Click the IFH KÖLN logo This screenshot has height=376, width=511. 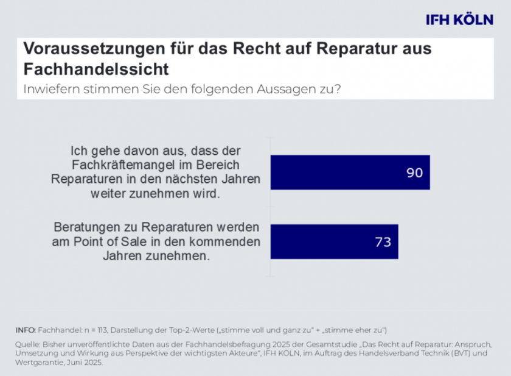click(x=460, y=20)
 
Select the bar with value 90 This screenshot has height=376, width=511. click(x=350, y=172)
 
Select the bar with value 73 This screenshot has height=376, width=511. click(x=334, y=242)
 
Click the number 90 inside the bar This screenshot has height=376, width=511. click(x=414, y=173)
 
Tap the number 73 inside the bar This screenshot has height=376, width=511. click(x=382, y=242)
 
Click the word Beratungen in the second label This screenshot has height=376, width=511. click(x=85, y=227)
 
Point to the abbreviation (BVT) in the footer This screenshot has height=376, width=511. click(x=464, y=353)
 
